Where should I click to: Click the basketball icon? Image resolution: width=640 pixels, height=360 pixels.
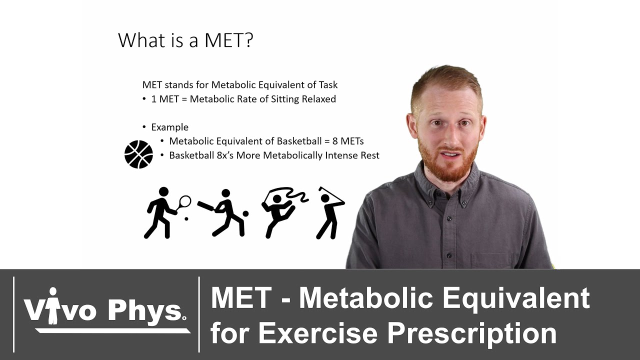(x=138, y=154)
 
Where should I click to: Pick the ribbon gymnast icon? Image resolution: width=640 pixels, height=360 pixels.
(x=280, y=210)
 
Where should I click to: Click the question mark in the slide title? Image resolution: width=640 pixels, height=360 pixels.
(x=247, y=40)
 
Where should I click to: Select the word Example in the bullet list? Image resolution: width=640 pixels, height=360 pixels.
(x=169, y=127)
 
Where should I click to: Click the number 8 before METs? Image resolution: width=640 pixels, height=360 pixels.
(x=335, y=141)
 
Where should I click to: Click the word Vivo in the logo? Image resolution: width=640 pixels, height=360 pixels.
(x=60, y=310)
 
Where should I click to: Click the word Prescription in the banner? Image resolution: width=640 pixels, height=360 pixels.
(x=472, y=332)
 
